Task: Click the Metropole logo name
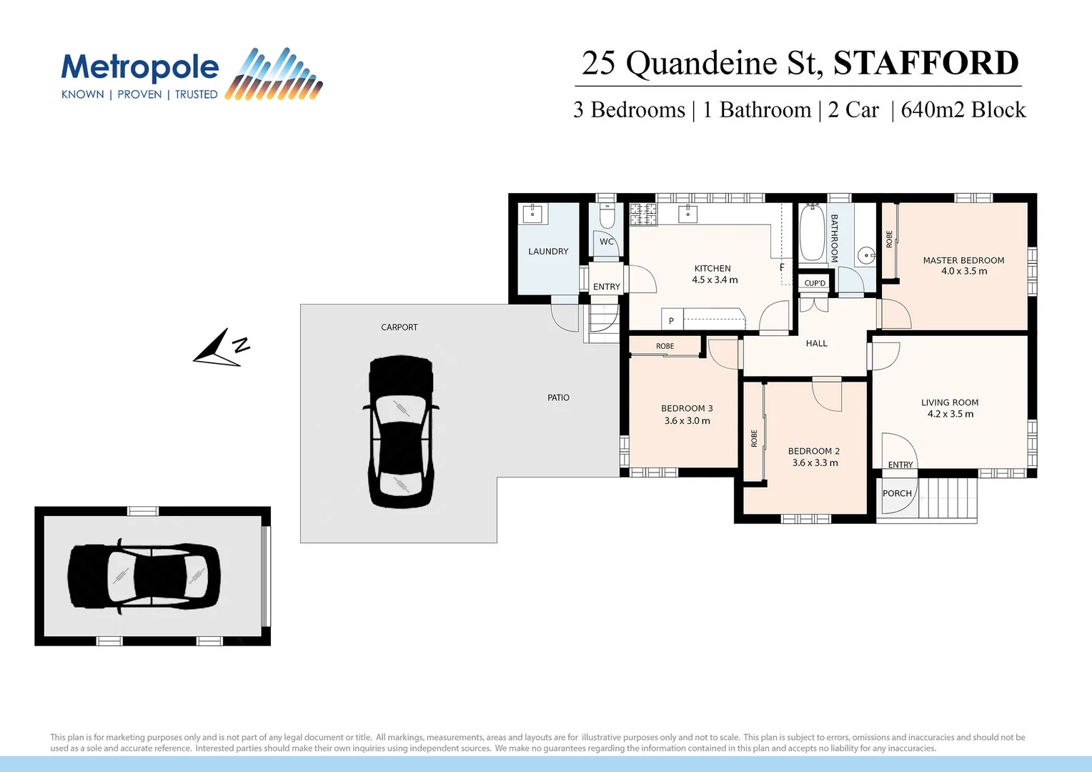point(140,68)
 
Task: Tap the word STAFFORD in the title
point(925,63)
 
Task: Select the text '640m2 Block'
point(963,110)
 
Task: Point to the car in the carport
point(400,432)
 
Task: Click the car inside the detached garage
point(144,576)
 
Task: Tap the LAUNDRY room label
point(548,252)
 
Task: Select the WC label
point(607,242)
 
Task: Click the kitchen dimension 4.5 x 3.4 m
point(714,280)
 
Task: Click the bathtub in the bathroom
point(812,233)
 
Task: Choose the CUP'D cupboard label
point(815,283)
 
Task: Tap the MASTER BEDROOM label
point(963,260)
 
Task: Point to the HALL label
point(816,344)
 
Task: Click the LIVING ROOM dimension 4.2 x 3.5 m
point(950,414)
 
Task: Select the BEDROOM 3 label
point(687,408)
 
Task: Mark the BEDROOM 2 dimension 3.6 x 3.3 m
point(815,463)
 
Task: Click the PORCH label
point(897,493)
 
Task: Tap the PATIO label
point(558,397)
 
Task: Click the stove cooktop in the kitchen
point(643,214)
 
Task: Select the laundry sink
point(532,214)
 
